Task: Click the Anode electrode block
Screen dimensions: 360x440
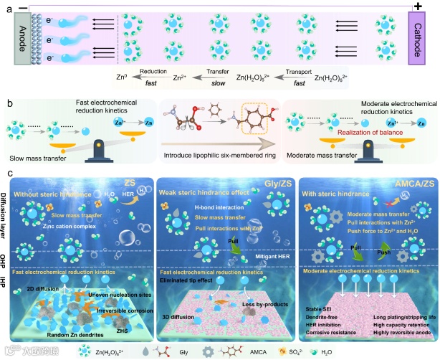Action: click(x=22, y=43)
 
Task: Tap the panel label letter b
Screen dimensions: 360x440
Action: click(x=9, y=103)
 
